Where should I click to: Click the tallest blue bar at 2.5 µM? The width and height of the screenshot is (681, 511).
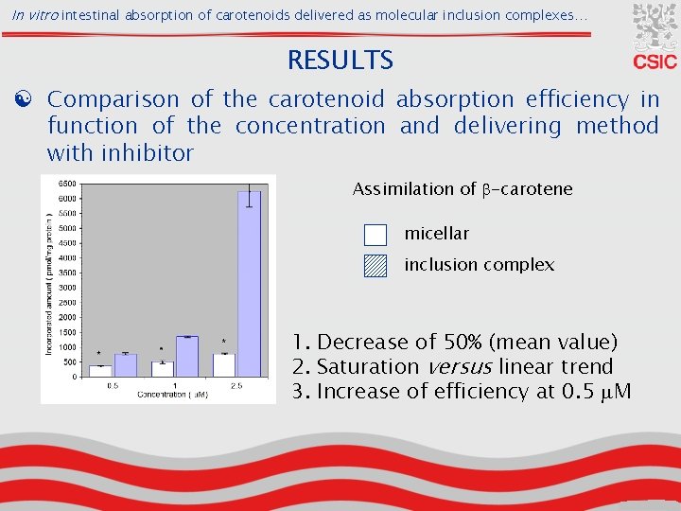coord(249,284)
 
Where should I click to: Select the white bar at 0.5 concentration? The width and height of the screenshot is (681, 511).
coord(100,371)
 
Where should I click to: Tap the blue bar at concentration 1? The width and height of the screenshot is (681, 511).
coord(186,356)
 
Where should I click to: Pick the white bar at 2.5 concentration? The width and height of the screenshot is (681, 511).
coord(224,364)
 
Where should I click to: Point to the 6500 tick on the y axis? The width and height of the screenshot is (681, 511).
coord(67,184)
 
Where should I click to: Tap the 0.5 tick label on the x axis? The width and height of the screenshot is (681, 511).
coord(112,385)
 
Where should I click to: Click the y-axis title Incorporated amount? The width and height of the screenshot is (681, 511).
coord(48,284)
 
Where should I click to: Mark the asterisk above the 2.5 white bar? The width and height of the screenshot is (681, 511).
coord(223,342)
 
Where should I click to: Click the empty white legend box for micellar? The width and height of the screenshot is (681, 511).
coord(375,234)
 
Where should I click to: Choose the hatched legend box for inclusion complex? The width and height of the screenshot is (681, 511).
coord(375,265)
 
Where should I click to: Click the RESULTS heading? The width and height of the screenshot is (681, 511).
coord(340,61)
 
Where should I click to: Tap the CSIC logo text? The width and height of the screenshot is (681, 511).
coord(655,62)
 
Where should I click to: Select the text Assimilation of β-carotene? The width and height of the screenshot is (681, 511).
coord(463,189)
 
